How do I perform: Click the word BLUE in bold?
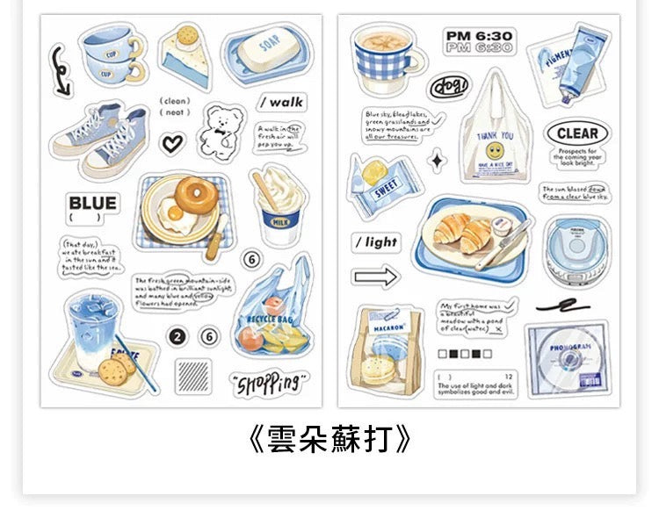(92, 204)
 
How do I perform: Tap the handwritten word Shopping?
(269, 382)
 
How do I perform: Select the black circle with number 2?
(178, 337)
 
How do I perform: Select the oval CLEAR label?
(576, 134)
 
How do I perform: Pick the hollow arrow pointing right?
(376, 277)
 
